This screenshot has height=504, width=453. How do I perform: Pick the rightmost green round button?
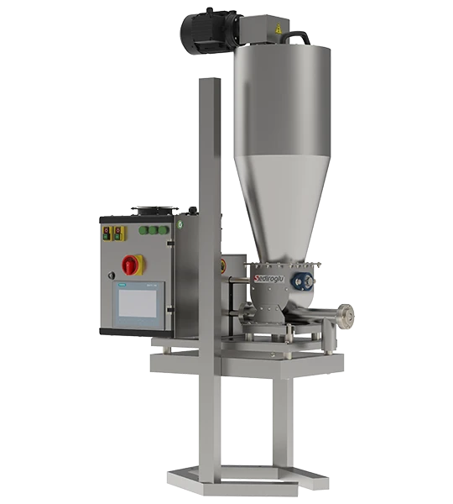click(x=165, y=229)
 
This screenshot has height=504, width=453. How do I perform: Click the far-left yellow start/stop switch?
click(x=106, y=232)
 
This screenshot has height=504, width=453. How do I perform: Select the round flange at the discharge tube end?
click(x=346, y=316)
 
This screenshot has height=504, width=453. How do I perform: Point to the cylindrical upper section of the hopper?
click(x=282, y=92)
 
